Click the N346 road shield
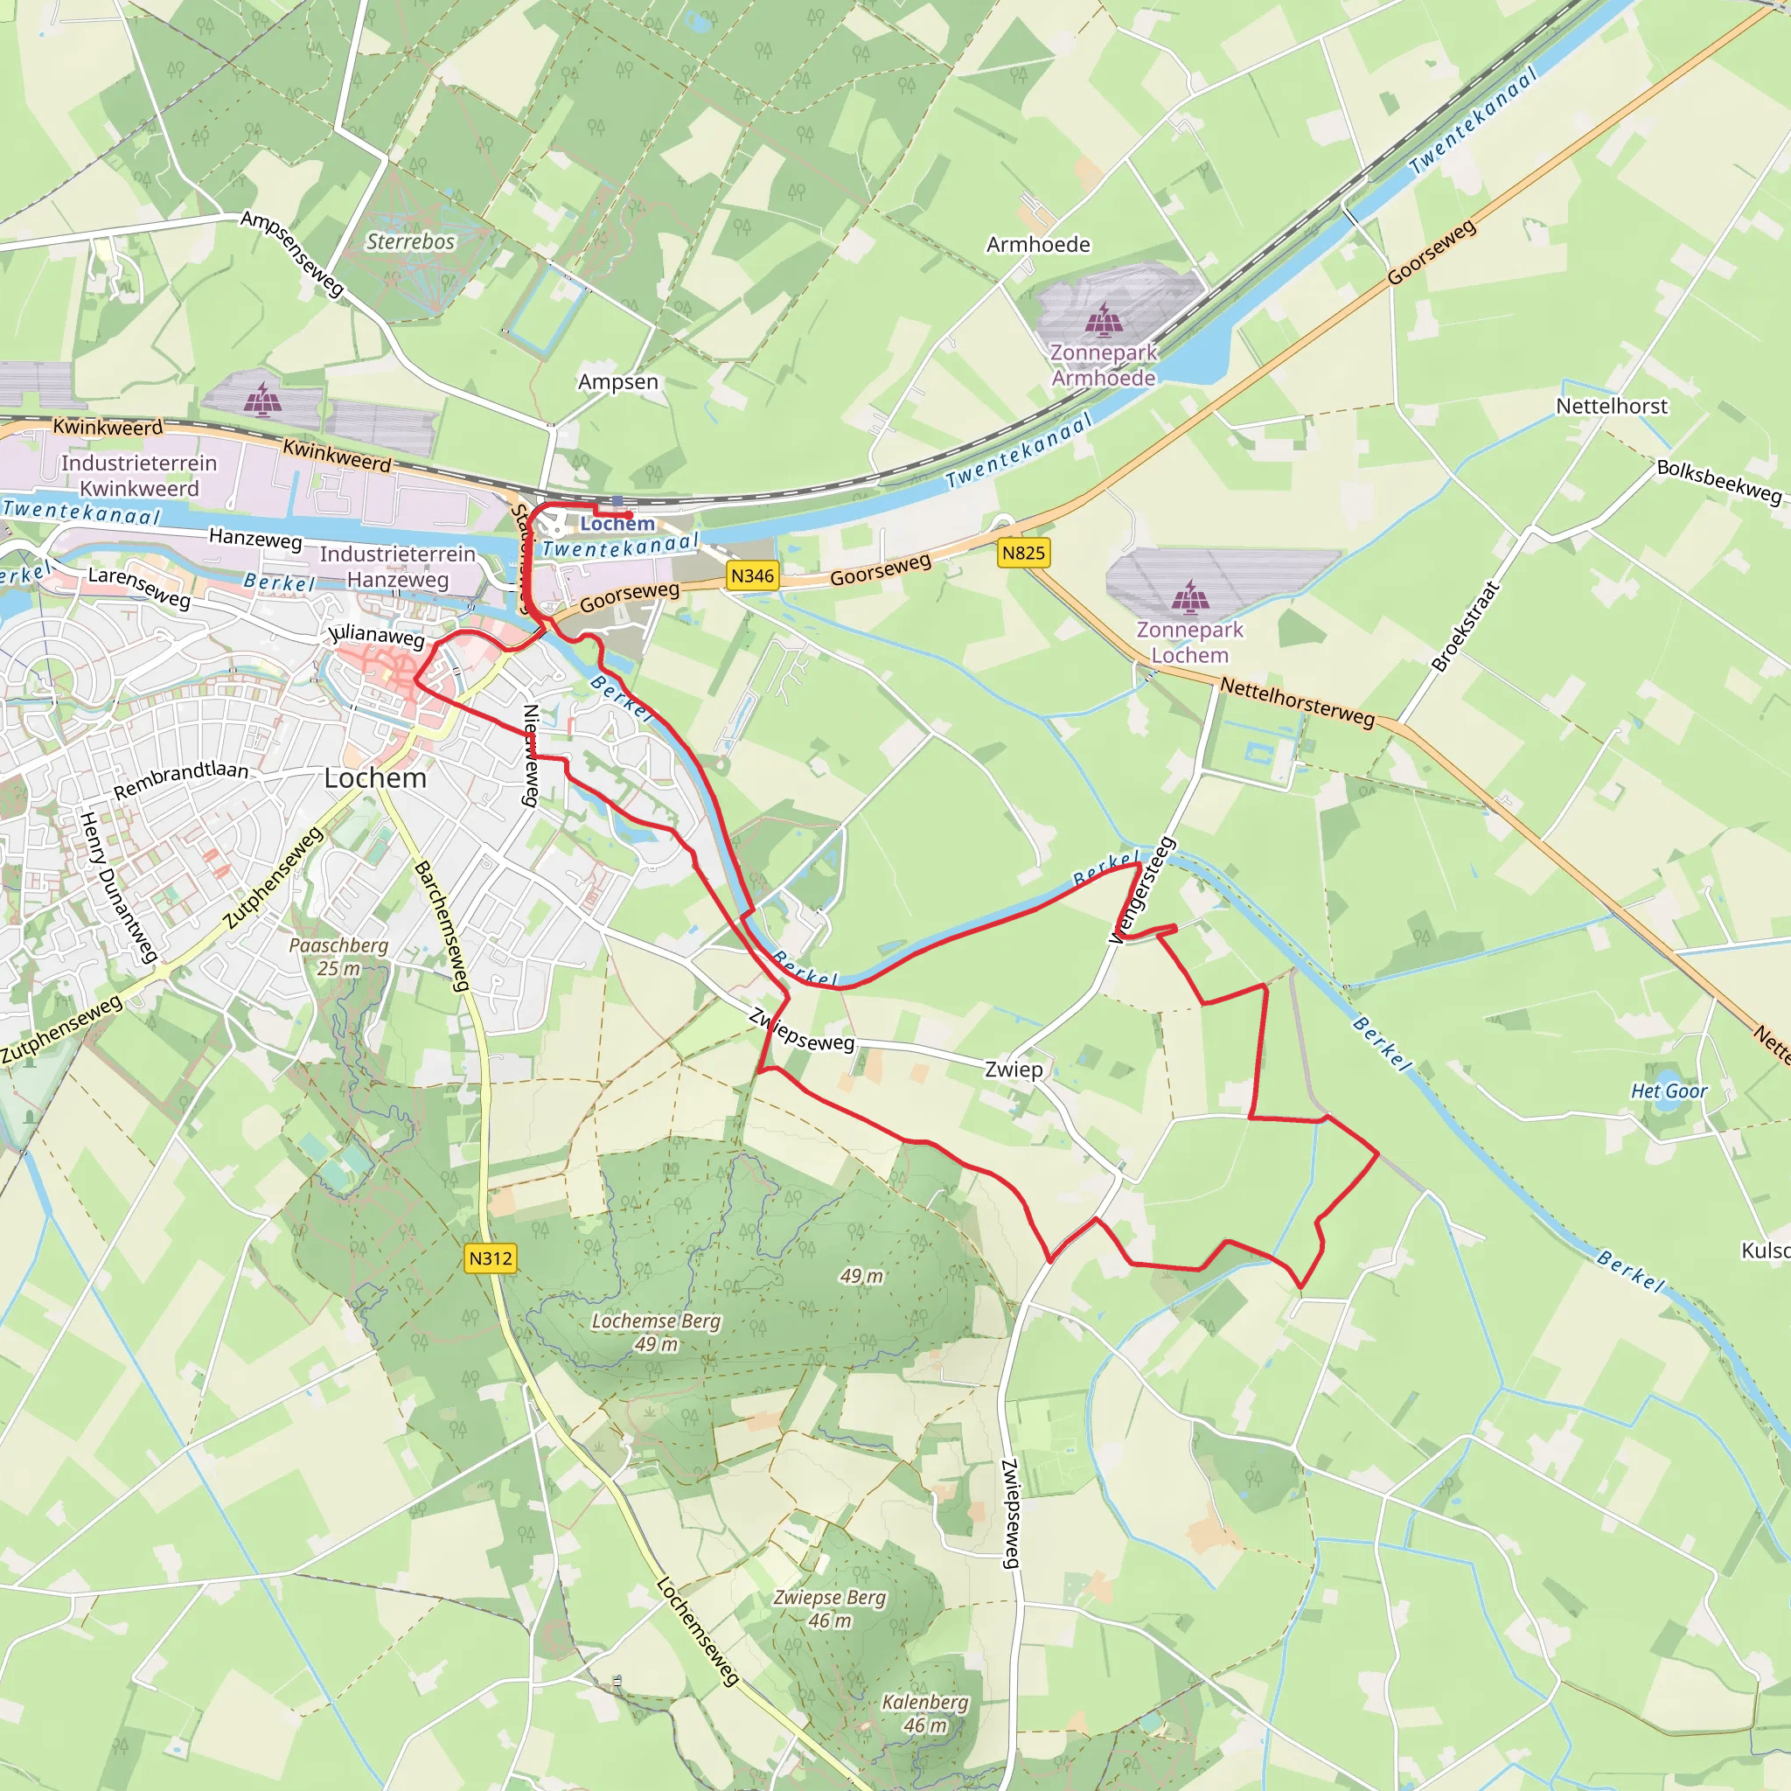tap(752, 575)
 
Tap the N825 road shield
tap(1023, 554)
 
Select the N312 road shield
tap(490, 1258)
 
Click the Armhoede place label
tap(1037, 245)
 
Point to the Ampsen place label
tap(617, 382)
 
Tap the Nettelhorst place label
tap(1611, 406)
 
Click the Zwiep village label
tap(1014, 1069)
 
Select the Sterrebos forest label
tap(411, 242)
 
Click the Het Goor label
tap(1669, 1091)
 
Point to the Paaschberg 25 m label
tap(338, 957)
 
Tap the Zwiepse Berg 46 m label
tap(830, 1609)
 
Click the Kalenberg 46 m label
tap(924, 1714)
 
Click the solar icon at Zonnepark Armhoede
tap(1103, 320)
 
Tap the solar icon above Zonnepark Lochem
tap(1189, 598)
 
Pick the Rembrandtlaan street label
tap(181, 781)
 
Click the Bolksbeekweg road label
tap(1718, 481)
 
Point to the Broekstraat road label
tap(1465, 626)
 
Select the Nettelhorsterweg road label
tap(1297, 701)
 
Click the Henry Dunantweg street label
tap(118, 886)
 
